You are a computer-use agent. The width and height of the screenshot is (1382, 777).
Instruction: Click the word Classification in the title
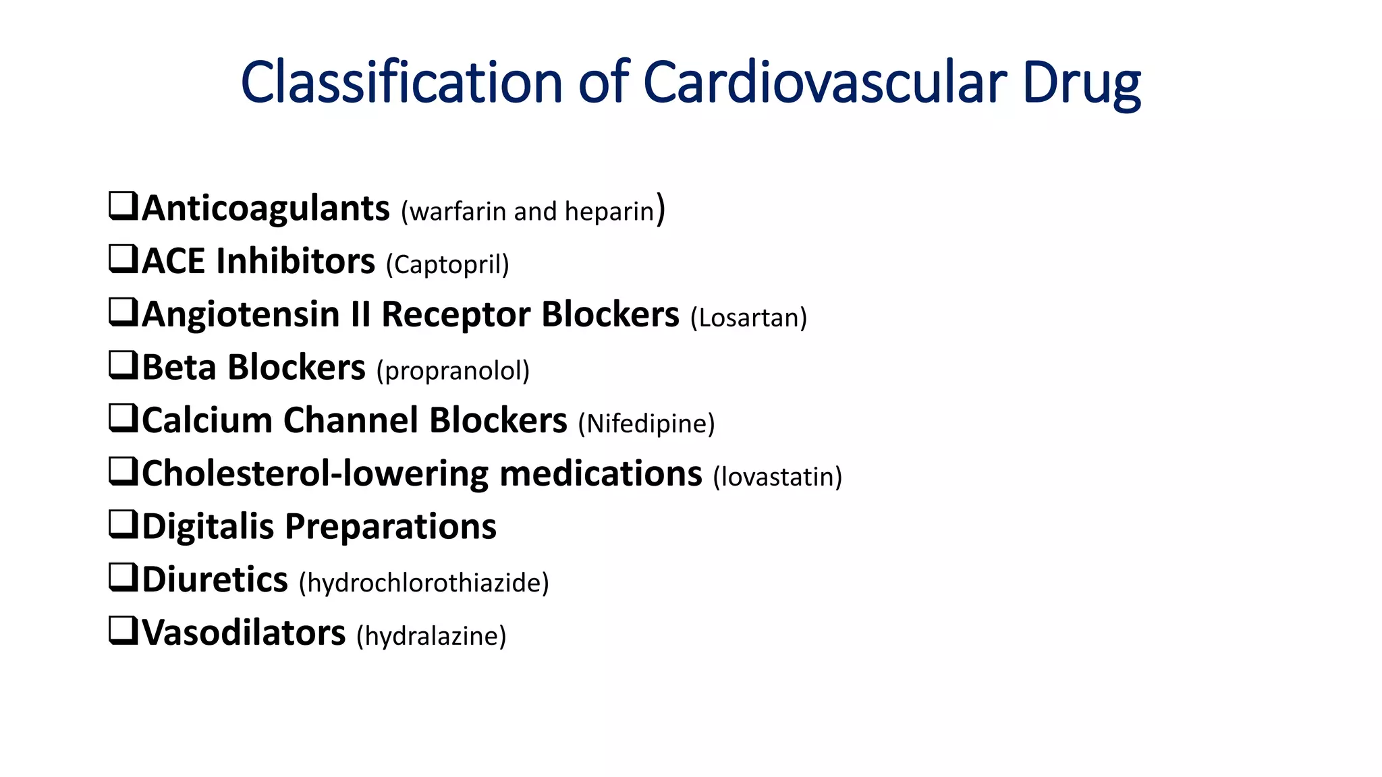click(x=402, y=82)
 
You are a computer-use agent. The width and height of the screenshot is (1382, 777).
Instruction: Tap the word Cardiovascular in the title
click(x=825, y=82)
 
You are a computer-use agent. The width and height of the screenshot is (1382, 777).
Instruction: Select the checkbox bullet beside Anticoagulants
click(x=123, y=206)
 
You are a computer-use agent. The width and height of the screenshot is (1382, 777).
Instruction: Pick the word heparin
click(x=609, y=212)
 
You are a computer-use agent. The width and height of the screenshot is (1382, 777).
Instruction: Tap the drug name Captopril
click(x=447, y=264)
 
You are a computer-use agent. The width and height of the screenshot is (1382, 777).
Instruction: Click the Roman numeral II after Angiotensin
click(x=360, y=314)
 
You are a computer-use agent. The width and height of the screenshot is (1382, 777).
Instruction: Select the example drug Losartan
click(x=749, y=318)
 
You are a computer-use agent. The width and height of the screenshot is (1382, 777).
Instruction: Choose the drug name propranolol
click(x=453, y=371)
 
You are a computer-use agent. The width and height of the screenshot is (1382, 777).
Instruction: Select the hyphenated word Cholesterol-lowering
click(x=314, y=473)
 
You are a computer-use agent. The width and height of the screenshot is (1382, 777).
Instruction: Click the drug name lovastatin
click(x=777, y=477)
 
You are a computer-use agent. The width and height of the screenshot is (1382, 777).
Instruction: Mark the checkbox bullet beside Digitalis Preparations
click(x=123, y=524)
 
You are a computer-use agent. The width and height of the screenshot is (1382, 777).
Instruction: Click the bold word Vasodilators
click(x=244, y=633)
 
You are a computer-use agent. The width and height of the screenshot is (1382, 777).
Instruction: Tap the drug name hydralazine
click(x=431, y=636)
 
